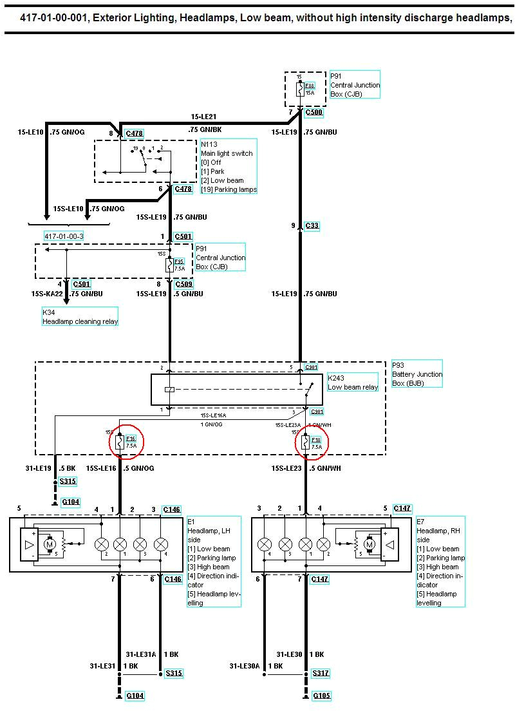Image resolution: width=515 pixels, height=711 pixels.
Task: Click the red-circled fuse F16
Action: [x=126, y=441]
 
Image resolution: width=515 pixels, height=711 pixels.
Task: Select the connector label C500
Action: [x=314, y=112]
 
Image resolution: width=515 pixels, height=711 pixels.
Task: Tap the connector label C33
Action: [x=312, y=226]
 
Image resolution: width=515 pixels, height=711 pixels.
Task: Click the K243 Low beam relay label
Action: [x=352, y=382]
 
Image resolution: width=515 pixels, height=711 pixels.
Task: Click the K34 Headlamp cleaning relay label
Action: [x=80, y=317]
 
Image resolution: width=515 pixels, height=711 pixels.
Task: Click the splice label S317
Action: [x=321, y=673]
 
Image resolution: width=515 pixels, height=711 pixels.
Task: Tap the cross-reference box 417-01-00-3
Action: [x=64, y=236]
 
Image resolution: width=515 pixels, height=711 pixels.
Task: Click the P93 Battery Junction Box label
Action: [x=417, y=374]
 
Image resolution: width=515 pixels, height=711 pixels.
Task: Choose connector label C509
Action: [x=184, y=283]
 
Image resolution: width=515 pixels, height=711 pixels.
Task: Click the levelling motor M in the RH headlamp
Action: [x=370, y=545]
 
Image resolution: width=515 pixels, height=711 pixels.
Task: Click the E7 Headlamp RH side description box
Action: [x=440, y=562]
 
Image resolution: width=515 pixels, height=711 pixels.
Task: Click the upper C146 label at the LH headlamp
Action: [x=173, y=509]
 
